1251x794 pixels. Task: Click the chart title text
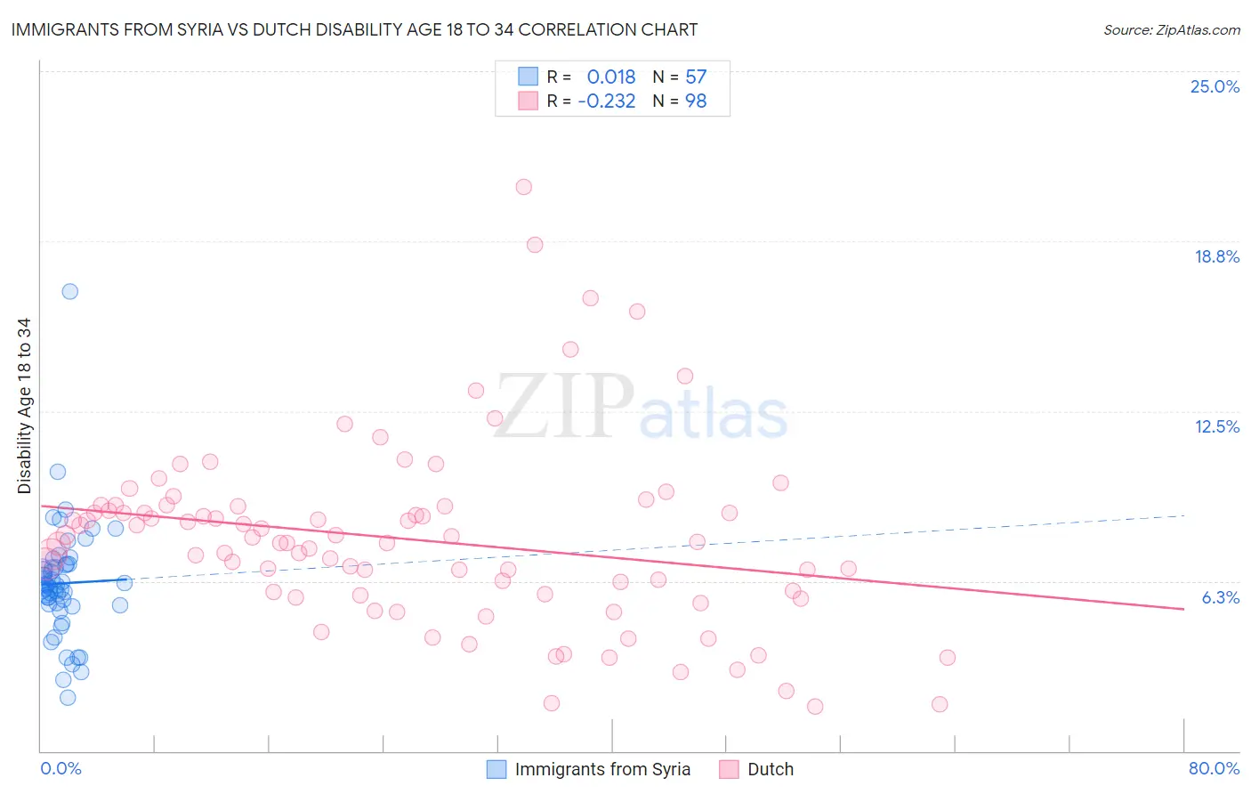click(354, 29)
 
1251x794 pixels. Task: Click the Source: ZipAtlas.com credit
click(1171, 29)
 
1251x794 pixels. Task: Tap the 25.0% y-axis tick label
click(1215, 86)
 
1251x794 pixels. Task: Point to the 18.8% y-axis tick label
click(1216, 256)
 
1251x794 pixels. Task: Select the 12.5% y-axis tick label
click(1216, 426)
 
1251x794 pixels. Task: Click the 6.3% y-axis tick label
click(1220, 597)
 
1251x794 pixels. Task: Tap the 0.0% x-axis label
click(61, 768)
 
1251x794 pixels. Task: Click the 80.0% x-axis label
click(1214, 768)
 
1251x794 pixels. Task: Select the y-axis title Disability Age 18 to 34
click(24, 406)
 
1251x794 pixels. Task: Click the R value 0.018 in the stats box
click(611, 77)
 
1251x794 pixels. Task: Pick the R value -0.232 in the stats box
click(607, 101)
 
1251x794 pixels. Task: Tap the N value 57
click(696, 77)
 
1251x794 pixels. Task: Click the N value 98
click(696, 101)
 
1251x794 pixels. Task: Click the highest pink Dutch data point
click(524, 187)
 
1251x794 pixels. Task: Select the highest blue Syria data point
click(69, 291)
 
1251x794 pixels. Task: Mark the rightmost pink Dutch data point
click(947, 658)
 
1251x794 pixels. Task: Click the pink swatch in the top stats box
click(529, 101)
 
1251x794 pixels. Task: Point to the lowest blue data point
click(68, 697)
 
